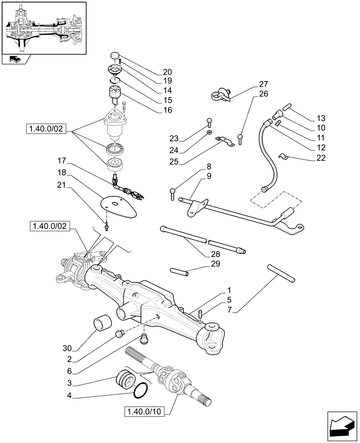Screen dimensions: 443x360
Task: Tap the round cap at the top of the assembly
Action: coord(115,55)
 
